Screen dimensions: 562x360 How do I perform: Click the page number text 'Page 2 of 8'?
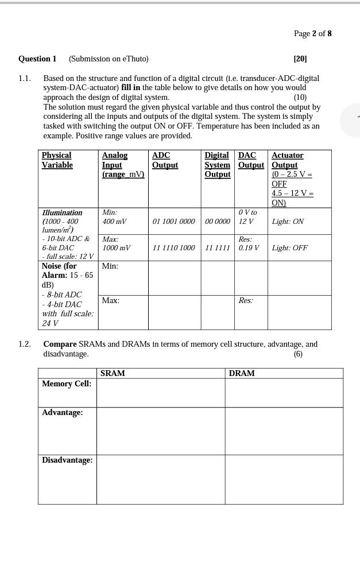click(x=312, y=33)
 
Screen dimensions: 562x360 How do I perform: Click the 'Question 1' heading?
click(x=37, y=59)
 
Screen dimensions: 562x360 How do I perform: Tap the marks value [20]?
click(x=300, y=59)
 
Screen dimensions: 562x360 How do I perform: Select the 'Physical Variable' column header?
click(x=57, y=160)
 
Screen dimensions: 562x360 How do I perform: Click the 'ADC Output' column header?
click(x=165, y=160)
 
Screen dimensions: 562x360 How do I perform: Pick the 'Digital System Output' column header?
click(x=218, y=165)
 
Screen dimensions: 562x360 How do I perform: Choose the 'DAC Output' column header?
click(x=251, y=160)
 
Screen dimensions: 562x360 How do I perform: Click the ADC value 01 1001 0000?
click(x=173, y=222)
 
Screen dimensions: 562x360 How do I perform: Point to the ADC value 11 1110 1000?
click(x=173, y=248)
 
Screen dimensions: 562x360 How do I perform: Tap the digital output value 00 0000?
click(x=218, y=222)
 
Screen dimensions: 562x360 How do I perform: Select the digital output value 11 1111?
click(x=218, y=248)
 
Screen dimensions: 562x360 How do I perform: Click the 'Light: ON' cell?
click(x=288, y=222)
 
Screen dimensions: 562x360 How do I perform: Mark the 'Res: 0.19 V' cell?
click(x=249, y=243)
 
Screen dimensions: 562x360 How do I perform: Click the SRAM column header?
click(x=113, y=373)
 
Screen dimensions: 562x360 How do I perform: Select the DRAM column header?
click(x=242, y=373)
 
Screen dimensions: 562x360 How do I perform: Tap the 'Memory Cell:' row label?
click(x=67, y=383)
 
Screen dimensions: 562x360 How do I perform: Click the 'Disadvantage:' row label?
click(x=67, y=460)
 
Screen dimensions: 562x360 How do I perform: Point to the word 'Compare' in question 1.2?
click(x=60, y=344)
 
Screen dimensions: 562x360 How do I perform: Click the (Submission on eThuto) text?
click(x=109, y=59)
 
